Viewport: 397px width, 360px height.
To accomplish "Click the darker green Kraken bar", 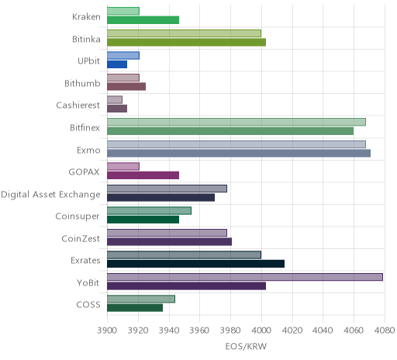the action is (x=143, y=20).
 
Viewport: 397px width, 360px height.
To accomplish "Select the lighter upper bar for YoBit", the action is (x=245, y=277).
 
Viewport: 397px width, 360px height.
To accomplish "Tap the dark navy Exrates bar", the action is (x=195, y=264).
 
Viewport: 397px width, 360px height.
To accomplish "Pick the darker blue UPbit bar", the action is (x=117, y=64).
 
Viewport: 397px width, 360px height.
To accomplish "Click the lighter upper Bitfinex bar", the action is (x=236, y=122).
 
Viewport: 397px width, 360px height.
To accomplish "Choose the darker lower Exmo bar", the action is (x=239, y=153).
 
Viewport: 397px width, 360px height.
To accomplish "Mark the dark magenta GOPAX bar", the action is (x=143, y=175).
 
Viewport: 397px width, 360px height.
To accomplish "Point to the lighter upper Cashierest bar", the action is (x=115, y=100).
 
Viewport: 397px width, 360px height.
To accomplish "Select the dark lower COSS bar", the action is (x=135, y=308).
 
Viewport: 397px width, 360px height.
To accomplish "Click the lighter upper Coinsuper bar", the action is (x=149, y=211).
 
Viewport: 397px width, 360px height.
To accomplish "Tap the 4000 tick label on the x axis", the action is (x=261, y=331).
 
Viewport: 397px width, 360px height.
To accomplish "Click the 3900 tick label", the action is (x=107, y=331).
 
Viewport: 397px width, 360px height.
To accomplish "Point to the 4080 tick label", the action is (x=385, y=331).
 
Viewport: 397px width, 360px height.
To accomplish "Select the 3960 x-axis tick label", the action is (x=199, y=331).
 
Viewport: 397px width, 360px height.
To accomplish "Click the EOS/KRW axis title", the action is (x=246, y=346).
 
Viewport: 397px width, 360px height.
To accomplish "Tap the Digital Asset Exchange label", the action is (x=50, y=195).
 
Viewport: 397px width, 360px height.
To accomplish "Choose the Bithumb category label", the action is (x=82, y=83).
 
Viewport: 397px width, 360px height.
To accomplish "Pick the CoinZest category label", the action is (x=81, y=238).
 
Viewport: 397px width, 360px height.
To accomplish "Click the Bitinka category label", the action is (x=86, y=39).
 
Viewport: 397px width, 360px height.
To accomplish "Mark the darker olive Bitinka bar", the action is (x=186, y=43).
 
